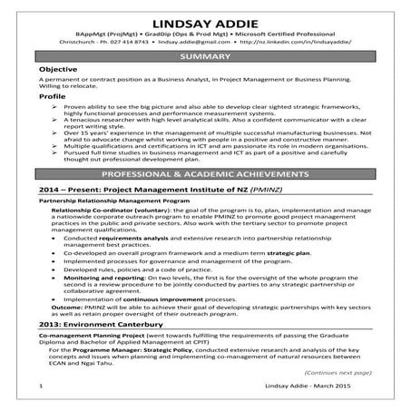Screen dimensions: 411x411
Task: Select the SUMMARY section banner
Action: point(205,56)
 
